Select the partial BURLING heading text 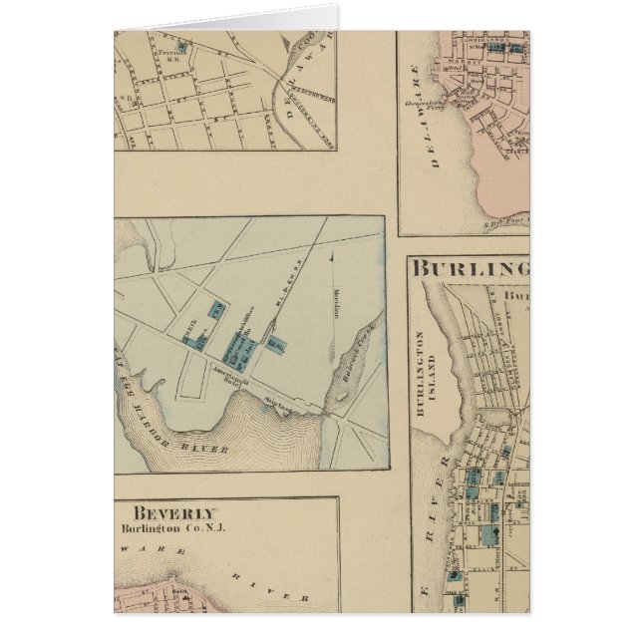point(470,269)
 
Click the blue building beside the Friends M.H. point(181,46)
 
